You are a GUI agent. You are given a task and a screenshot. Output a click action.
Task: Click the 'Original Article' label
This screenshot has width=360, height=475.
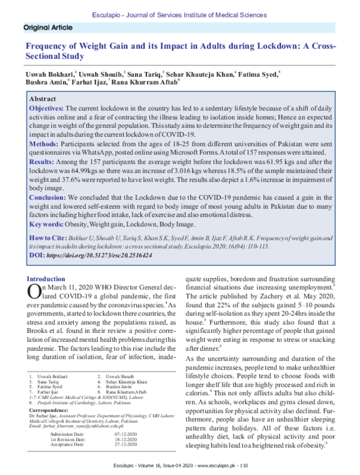click(47, 28)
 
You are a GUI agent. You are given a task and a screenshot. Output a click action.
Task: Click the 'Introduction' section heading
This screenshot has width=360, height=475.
click(46, 279)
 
